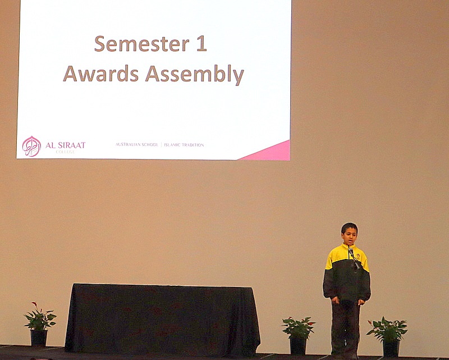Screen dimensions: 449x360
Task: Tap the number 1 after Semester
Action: [201, 44]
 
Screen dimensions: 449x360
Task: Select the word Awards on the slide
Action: [101, 74]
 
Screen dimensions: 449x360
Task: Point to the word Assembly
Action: [194, 74]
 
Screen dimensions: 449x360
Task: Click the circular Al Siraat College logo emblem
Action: [31, 147]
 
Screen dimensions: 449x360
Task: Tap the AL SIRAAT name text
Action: [65, 145]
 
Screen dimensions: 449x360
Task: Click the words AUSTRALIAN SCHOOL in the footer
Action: [136, 144]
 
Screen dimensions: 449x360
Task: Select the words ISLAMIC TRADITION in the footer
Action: [184, 145]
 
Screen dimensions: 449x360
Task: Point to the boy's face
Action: [349, 236]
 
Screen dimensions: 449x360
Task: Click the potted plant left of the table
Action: [39, 325]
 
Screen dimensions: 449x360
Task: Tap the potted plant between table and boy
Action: [298, 335]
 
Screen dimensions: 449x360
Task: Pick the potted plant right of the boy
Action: [387, 336]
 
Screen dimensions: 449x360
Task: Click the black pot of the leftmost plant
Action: [39, 338]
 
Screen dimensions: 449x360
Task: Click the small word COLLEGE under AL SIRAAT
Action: [65, 152]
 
